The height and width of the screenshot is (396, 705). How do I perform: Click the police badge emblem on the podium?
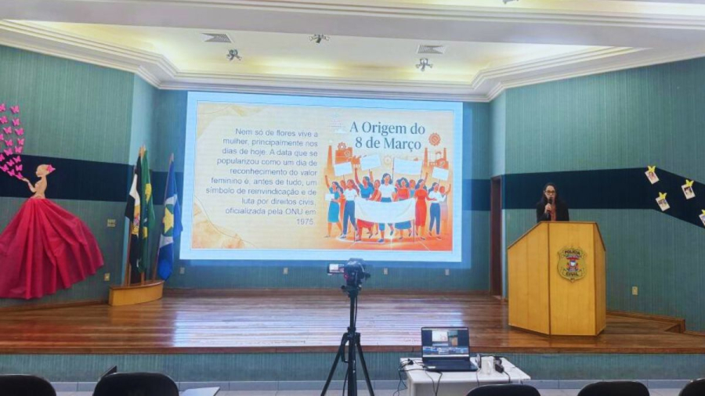(x=571, y=263)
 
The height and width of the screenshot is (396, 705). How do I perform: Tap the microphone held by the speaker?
(x=548, y=205)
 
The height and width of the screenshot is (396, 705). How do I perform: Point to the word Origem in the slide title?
(x=386, y=128)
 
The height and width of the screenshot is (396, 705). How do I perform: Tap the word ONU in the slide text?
(x=274, y=211)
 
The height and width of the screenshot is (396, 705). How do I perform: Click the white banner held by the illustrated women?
(x=385, y=210)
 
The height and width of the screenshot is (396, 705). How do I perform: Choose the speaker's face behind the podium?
(x=550, y=193)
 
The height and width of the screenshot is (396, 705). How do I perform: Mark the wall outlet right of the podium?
(x=634, y=290)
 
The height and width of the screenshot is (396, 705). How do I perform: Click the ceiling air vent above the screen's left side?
(x=217, y=38)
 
